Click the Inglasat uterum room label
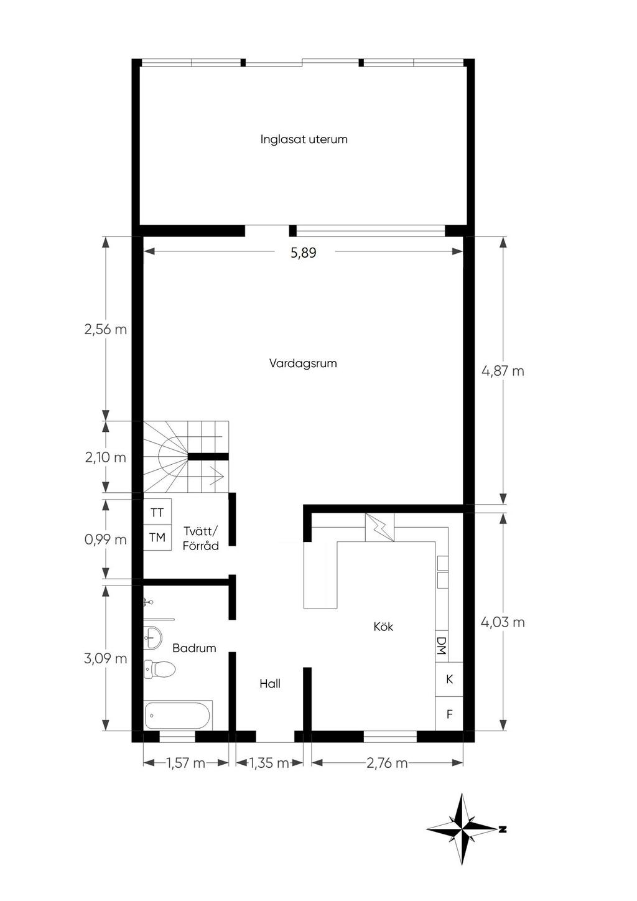coord(304,139)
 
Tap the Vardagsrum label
coord(303,363)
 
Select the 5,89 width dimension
coord(304,253)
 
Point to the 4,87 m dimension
coord(503,371)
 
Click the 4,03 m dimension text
coord(503,622)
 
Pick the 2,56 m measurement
coord(105,329)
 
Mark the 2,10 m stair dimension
coord(105,457)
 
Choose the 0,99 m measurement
coord(105,539)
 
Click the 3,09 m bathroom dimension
coord(105,658)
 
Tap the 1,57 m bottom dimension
coord(186,763)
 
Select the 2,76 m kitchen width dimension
coord(387,763)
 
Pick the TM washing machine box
coord(157,538)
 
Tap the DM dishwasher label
coord(442,645)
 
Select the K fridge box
coord(449,679)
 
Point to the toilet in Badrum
coord(159,669)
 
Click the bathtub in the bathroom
coord(177,715)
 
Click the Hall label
coord(270,683)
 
